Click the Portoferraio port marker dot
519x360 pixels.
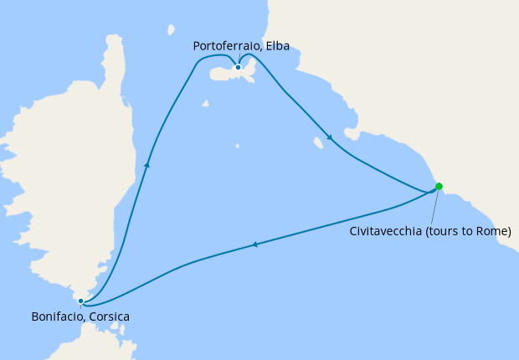pyautogui.click(x=239, y=67)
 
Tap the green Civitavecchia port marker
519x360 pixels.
pyautogui.click(x=439, y=186)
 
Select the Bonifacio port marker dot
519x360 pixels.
pyautogui.click(x=80, y=301)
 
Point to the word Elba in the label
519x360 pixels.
pyautogui.click(x=277, y=46)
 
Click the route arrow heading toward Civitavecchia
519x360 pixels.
pyautogui.click(x=330, y=137)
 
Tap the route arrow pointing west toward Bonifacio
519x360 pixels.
pyautogui.click(x=254, y=244)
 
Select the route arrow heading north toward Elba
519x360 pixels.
pyautogui.click(x=146, y=165)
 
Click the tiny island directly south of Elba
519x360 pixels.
pyautogui.click(x=238, y=146)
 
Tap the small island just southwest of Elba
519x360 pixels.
pyautogui.click(x=205, y=105)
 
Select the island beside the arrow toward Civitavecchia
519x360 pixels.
pyautogui.click(x=317, y=143)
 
